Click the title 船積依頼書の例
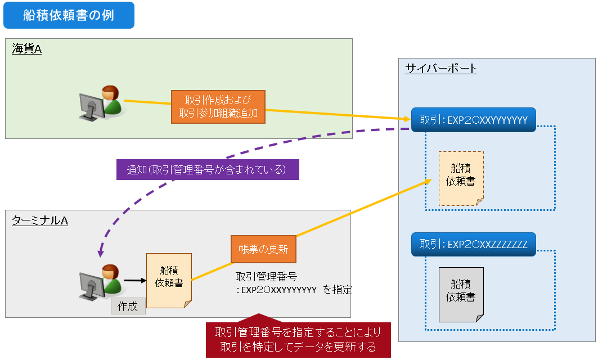point(69,15)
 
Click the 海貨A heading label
point(27,49)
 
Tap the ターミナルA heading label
point(40,220)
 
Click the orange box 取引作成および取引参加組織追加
point(218,106)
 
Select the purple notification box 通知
point(207,169)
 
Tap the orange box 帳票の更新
point(263,249)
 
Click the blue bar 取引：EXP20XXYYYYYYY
point(473,120)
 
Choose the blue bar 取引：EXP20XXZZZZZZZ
point(473,244)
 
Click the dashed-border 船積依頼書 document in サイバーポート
point(461,177)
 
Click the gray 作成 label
point(128,307)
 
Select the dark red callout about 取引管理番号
point(298,339)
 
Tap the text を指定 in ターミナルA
point(338,290)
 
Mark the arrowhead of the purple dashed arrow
point(101,253)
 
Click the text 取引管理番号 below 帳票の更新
point(266,277)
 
